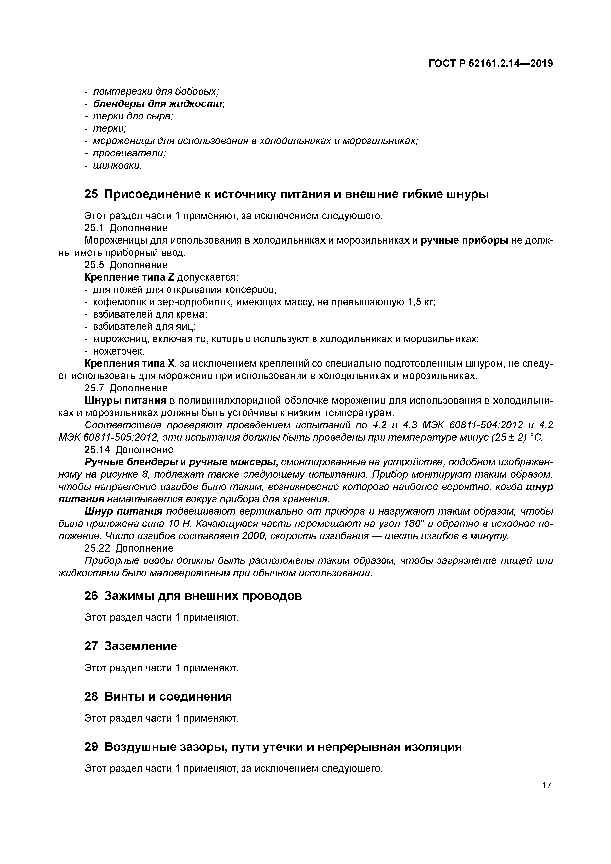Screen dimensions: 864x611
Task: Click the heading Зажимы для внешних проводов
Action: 203,596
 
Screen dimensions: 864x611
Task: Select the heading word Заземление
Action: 140,646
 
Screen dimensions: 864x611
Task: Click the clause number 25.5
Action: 94,265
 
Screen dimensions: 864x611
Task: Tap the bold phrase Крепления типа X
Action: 130,364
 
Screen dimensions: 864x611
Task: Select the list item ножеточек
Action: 119,351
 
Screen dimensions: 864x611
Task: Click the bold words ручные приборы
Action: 464,240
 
